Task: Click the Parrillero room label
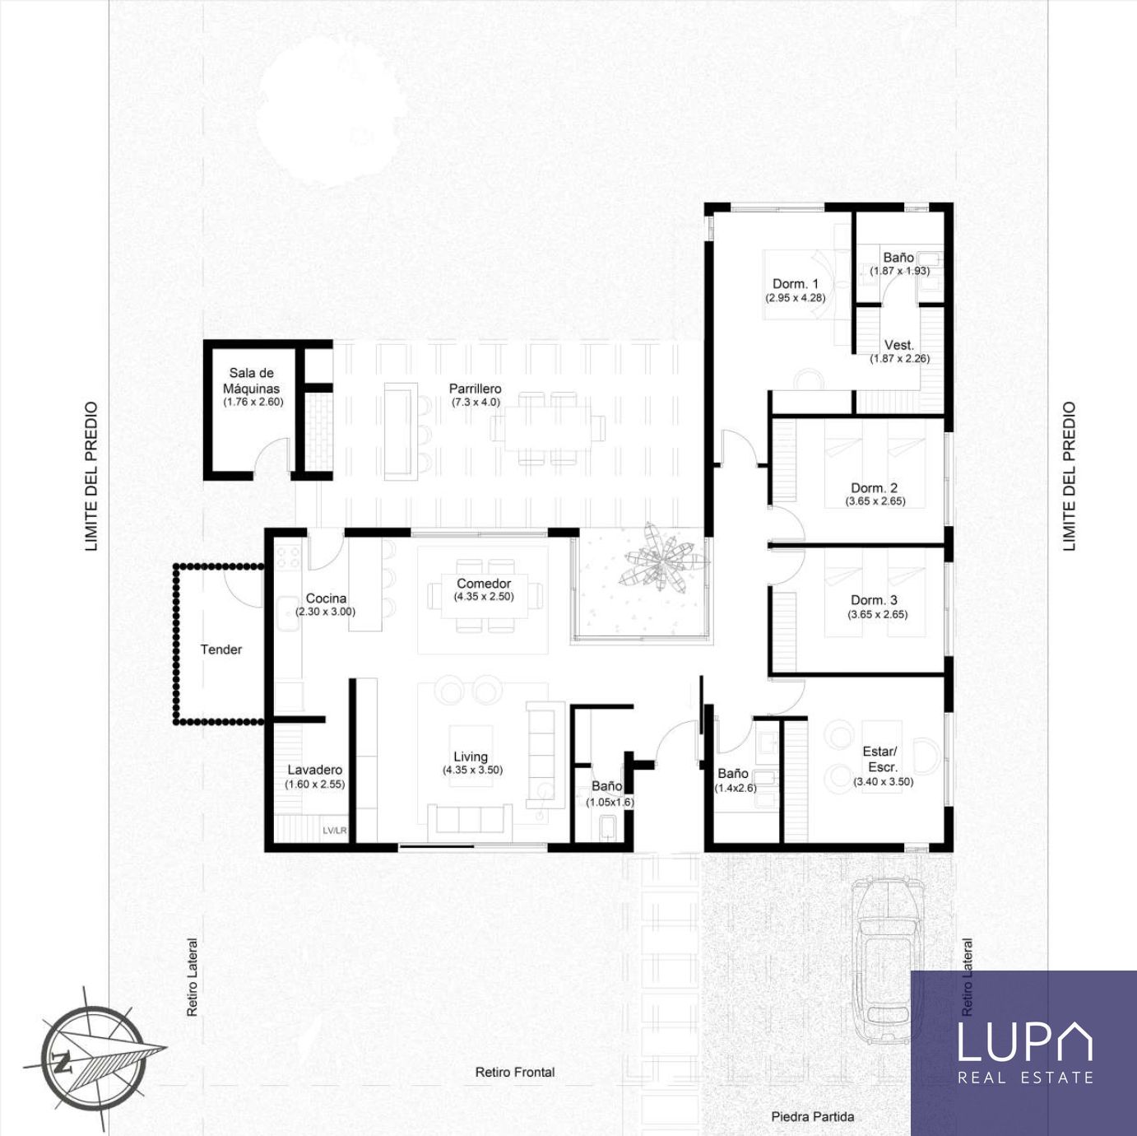click(475, 389)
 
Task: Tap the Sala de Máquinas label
click(252, 381)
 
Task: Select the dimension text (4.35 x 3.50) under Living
click(472, 770)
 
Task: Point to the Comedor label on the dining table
click(483, 584)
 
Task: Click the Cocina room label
click(326, 598)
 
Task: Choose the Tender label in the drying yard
click(221, 649)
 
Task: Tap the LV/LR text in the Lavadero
click(335, 831)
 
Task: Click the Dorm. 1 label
click(796, 284)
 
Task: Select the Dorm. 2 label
click(874, 487)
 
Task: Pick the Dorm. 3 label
click(874, 600)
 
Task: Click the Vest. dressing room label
click(898, 345)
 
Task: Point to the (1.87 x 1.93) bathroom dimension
click(899, 271)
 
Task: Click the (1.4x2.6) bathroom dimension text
click(736, 788)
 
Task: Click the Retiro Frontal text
click(515, 1072)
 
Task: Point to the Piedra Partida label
click(813, 1116)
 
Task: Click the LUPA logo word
click(1024, 1041)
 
